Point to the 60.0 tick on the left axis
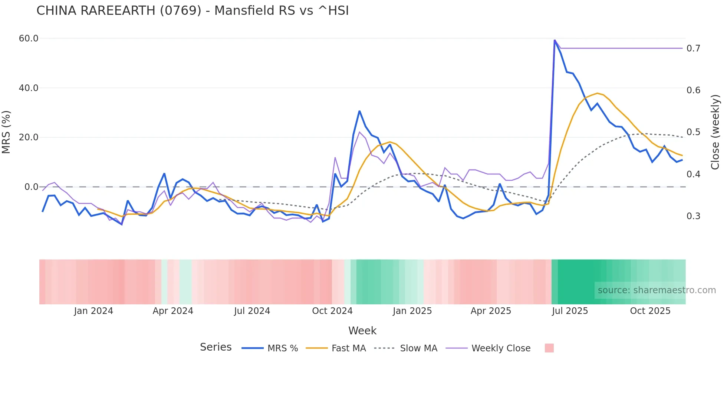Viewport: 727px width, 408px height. pos(29,39)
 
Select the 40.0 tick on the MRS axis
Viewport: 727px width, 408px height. pos(29,88)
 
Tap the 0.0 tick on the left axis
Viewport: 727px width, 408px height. pos(31,187)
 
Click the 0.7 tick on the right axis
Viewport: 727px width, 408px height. pos(693,49)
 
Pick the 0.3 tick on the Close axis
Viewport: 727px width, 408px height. pos(693,216)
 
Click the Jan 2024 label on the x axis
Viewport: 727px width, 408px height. pos(93,311)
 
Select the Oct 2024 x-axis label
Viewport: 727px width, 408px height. pos(332,311)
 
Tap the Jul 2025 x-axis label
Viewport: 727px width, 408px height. pos(570,311)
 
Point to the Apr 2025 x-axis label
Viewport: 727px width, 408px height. pos(491,311)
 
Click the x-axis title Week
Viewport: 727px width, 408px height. pos(362,331)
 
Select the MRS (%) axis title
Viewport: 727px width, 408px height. pos(6,132)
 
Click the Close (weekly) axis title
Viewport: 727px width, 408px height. pos(715,132)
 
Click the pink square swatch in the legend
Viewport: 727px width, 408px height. pos(549,348)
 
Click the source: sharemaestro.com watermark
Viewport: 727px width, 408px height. pos(657,290)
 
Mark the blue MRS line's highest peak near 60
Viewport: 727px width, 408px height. pos(555,40)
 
